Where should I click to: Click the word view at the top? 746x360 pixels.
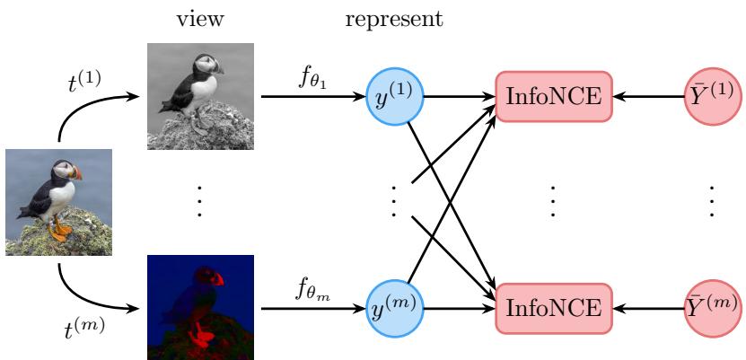point(200,20)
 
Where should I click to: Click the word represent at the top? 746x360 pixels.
point(394,21)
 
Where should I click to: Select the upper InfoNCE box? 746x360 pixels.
point(553,97)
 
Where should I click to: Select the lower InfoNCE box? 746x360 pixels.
point(553,309)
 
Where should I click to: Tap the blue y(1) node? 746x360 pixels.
point(394,97)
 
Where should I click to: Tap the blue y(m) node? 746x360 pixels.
point(394,309)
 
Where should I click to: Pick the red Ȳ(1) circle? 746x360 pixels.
point(713,97)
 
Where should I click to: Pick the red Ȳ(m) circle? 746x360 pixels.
point(713,309)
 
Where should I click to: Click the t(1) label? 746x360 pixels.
point(83,83)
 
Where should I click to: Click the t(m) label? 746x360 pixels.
point(84,329)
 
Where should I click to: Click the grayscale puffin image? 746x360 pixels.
point(200,97)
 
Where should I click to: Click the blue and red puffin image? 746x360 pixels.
point(200,308)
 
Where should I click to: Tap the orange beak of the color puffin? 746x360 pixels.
point(76,173)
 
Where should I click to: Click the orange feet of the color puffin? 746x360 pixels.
point(59,229)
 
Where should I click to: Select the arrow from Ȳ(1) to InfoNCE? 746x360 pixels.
point(648,97)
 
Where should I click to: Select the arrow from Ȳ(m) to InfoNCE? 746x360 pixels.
point(648,309)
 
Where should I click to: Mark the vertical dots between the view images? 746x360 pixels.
point(199,202)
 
